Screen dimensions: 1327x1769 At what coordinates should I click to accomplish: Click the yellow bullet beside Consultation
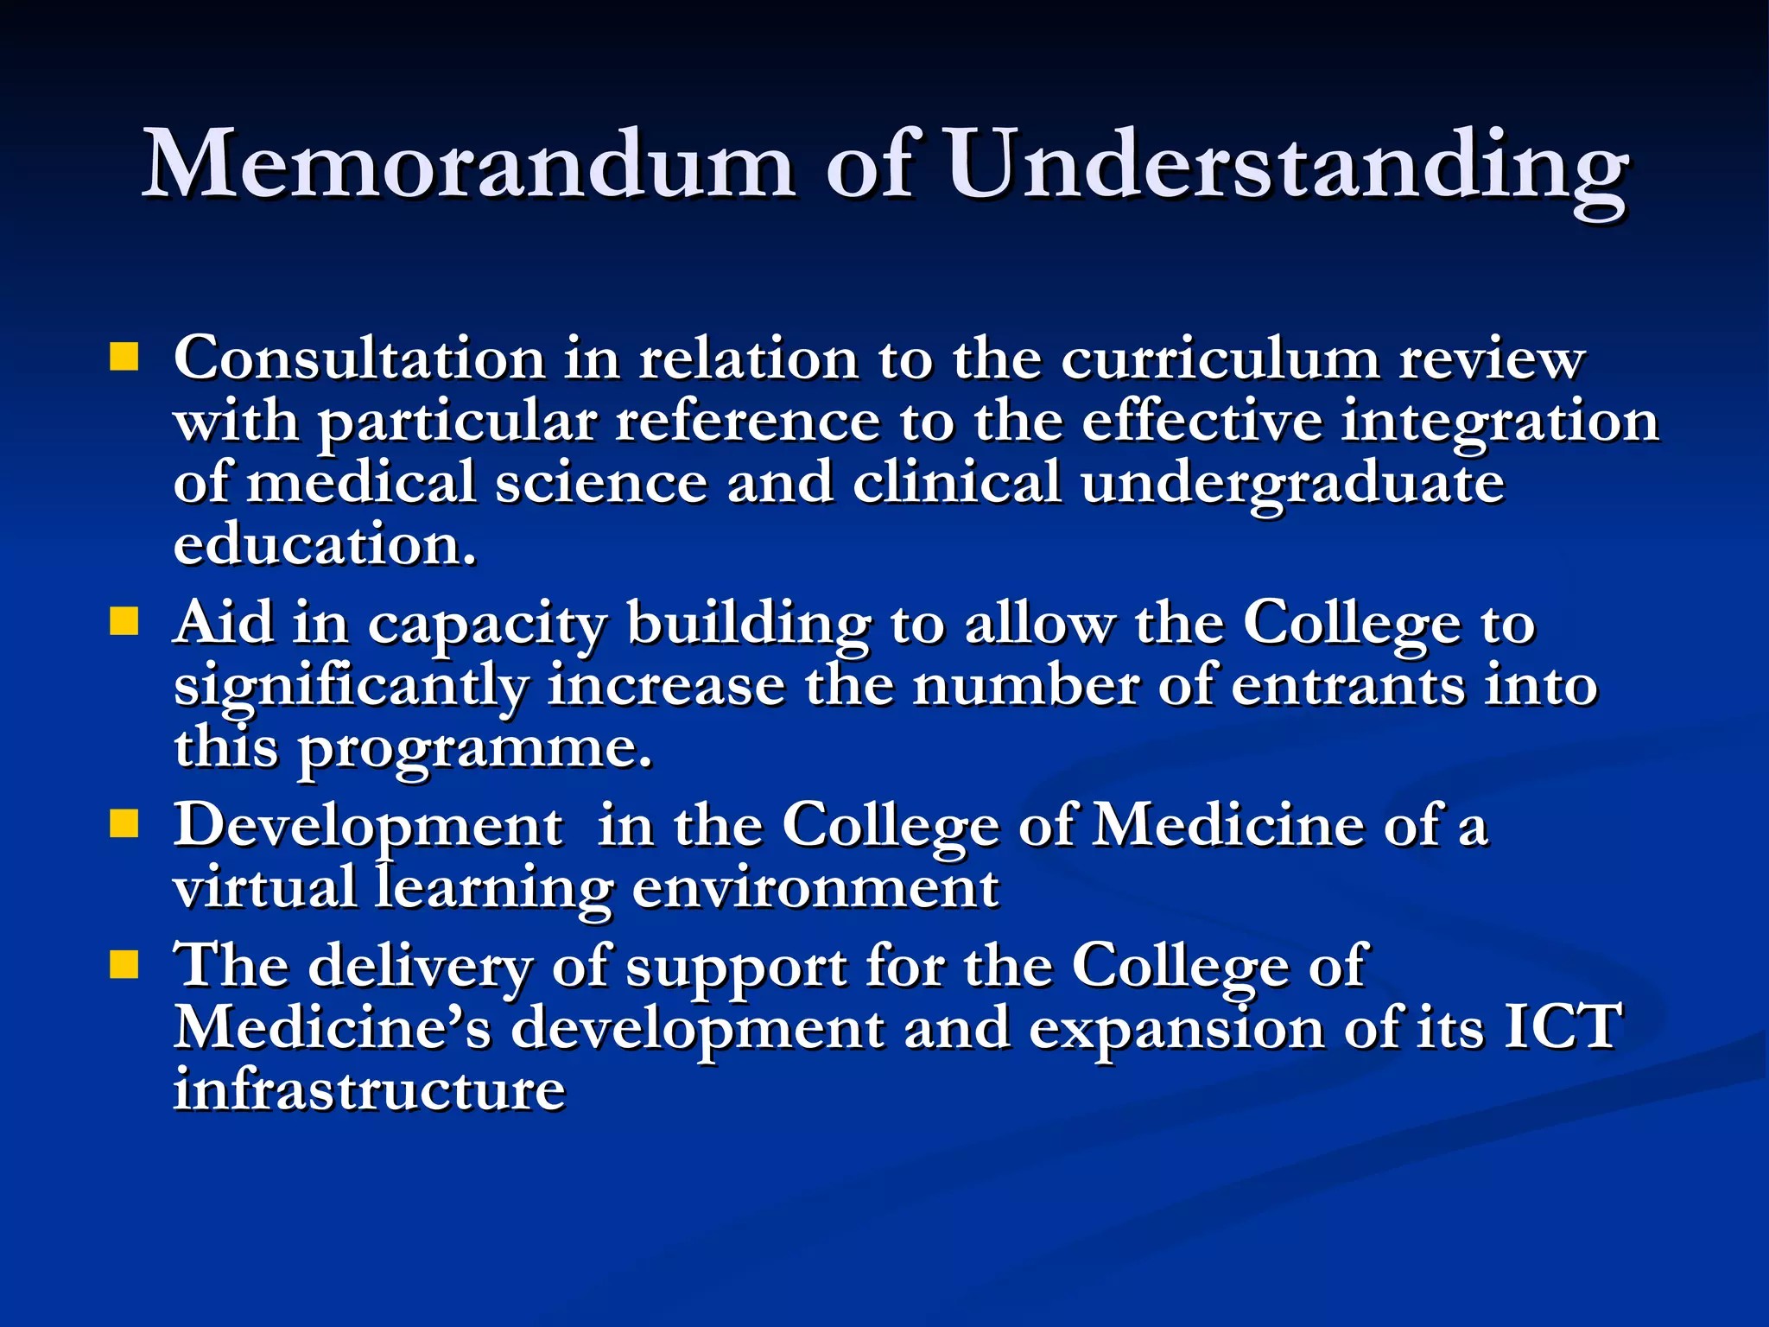[x=124, y=357]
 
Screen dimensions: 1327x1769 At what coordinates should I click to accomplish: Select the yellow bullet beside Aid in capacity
[x=124, y=621]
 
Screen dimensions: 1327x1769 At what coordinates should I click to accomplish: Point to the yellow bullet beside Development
[x=124, y=824]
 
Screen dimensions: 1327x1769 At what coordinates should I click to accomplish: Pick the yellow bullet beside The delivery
[x=124, y=964]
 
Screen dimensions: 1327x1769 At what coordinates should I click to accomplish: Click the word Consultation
[x=359, y=358]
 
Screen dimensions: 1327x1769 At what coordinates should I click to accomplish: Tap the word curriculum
[x=1220, y=358]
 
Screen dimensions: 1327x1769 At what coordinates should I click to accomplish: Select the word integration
[x=1500, y=422]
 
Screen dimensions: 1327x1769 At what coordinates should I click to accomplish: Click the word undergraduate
[x=1292, y=484]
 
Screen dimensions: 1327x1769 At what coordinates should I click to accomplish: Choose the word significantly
[x=351, y=686]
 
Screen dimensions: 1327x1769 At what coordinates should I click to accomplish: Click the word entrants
[x=1347, y=686]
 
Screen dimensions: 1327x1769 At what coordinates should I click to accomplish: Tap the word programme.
[x=475, y=748]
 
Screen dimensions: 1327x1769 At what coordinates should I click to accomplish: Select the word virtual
[x=264, y=886]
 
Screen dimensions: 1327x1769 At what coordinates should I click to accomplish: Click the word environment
[x=815, y=888]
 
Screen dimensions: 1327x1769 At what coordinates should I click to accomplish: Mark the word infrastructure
[x=370, y=1089]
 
